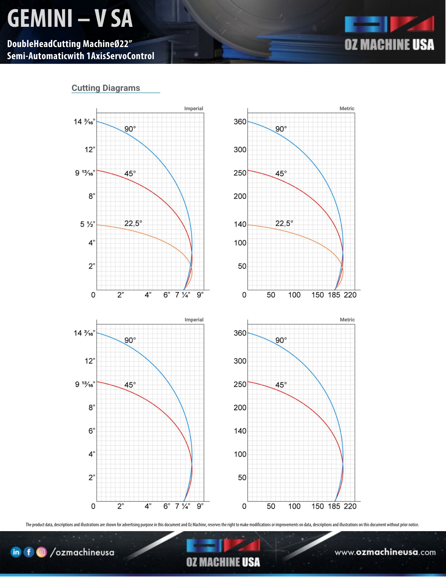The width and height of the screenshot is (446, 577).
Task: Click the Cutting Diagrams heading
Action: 106,88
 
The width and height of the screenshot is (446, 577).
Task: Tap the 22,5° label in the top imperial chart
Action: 133,223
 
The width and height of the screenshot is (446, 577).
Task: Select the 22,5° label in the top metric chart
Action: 284,223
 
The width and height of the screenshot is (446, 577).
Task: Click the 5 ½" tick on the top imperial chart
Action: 87,224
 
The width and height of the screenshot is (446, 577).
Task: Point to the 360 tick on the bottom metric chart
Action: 240,333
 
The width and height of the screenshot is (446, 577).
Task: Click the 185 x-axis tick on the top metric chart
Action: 334,295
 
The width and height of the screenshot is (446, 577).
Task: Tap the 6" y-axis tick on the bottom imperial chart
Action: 92,431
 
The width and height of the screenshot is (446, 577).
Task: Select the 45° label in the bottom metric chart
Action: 281,385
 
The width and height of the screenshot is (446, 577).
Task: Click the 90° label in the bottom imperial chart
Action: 130,340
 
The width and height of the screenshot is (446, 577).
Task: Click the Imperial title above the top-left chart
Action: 194,108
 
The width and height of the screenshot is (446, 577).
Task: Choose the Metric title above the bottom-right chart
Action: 347,320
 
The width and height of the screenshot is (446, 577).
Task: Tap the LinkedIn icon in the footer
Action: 16,552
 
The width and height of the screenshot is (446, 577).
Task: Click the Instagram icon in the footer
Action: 42,552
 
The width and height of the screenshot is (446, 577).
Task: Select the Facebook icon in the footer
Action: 29,552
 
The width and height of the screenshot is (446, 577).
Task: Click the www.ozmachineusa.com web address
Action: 385,552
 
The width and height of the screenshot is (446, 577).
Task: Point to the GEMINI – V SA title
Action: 70,18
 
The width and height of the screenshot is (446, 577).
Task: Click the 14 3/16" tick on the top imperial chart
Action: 84,122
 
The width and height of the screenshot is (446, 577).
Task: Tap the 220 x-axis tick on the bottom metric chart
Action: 350,506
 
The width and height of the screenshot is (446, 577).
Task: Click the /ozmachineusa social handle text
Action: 82,552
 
